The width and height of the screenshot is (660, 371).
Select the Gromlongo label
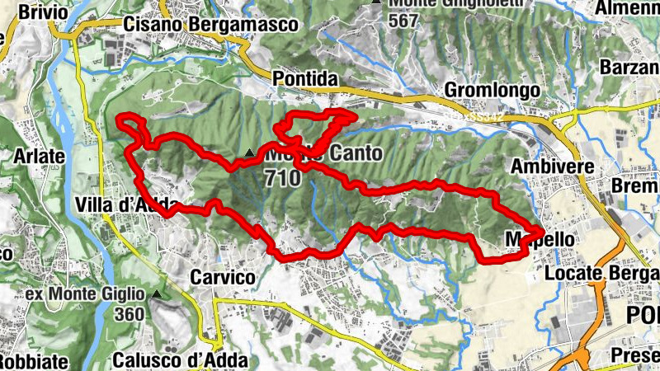coord(492,89)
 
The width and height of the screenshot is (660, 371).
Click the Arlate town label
coord(40,154)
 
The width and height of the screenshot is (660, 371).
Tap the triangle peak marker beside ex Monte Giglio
coord(157,294)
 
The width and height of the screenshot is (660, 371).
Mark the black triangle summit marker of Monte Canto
coord(249,153)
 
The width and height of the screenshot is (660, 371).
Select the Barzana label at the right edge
coord(631,66)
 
